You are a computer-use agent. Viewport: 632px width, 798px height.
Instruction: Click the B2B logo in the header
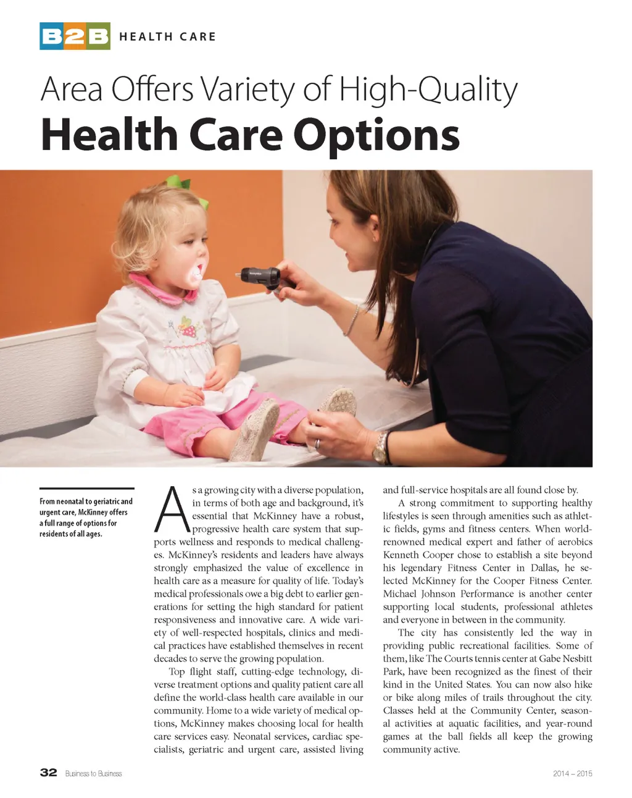point(75,36)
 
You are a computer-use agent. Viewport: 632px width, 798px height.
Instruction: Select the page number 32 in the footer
point(48,773)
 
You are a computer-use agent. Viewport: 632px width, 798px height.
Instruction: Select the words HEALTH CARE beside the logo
point(167,36)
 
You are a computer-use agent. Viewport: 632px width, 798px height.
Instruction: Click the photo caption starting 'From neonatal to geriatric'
point(85,518)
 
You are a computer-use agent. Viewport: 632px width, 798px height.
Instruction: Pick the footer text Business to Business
point(94,773)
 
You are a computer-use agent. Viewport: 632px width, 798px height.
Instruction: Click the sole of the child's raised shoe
point(338,402)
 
